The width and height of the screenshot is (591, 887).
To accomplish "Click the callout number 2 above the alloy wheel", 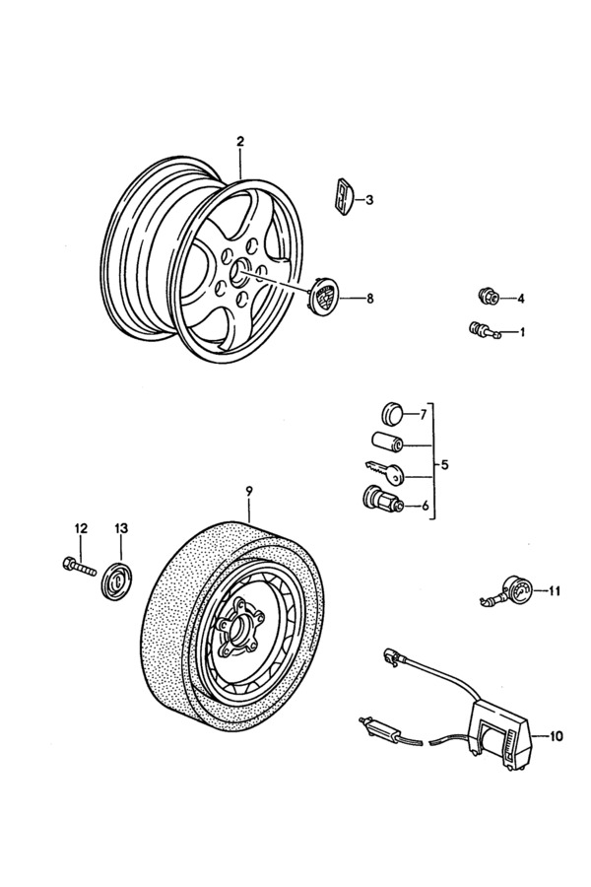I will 239,142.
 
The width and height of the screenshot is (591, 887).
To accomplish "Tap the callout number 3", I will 369,200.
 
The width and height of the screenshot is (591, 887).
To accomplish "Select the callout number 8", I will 370,298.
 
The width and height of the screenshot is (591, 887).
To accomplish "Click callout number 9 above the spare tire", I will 249,491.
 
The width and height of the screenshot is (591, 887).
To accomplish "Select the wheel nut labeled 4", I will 487,296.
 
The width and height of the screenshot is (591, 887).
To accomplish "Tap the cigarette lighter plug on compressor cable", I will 376,728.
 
